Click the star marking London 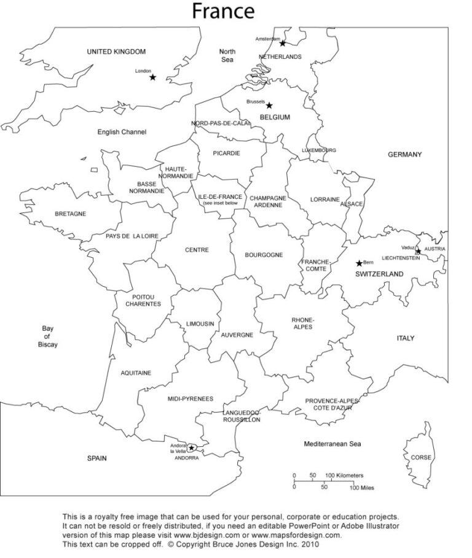152,77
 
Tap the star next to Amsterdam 283,43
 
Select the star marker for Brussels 269,105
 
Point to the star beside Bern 360,263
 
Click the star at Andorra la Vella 191,448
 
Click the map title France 223,10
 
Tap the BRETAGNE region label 70,214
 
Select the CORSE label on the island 421,457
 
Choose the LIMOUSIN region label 200,324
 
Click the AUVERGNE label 237,335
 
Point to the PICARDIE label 226,153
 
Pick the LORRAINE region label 324,200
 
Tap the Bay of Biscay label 47,336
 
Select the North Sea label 227,55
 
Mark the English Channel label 122,132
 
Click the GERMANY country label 404,155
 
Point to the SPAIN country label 96,458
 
